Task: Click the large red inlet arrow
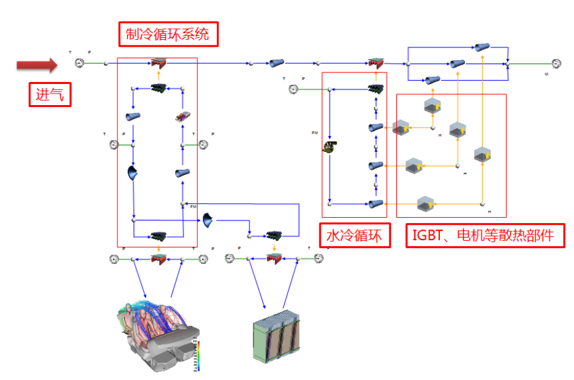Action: pyautogui.click(x=37, y=65)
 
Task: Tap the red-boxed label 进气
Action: pyautogui.click(x=49, y=95)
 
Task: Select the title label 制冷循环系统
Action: pyautogui.click(x=168, y=35)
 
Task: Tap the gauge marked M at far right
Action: pyautogui.click(x=557, y=63)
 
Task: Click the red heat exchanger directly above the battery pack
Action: pyautogui.click(x=274, y=258)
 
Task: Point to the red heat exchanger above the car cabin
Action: pyautogui.click(x=158, y=258)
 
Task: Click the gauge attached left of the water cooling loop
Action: pyautogui.click(x=293, y=89)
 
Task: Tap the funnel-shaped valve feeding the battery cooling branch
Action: pyautogui.click(x=208, y=220)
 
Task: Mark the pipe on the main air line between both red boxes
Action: pyautogui.click(x=277, y=63)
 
